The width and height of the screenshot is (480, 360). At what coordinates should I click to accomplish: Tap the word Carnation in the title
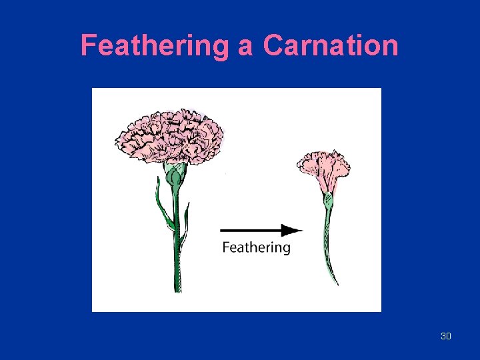pyautogui.click(x=331, y=46)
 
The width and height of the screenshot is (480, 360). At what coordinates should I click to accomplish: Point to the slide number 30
pyautogui.click(x=446, y=336)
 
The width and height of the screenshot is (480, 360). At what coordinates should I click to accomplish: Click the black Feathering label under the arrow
pyautogui.click(x=256, y=248)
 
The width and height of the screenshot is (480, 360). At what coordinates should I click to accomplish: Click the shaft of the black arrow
pyautogui.click(x=251, y=231)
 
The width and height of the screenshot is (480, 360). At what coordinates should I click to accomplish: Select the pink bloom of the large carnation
pyautogui.click(x=169, y=135)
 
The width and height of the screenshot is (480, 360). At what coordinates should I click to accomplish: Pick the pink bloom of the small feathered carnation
pyautogui.click(x=323, y=170)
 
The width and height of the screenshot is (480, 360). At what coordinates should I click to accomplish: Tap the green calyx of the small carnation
pyautogui.click(x=328, y=199)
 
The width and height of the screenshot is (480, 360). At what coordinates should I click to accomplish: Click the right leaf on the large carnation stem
pyautogui.click(x=185, y=220)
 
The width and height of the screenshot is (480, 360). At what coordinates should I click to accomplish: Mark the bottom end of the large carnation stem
pyautogui.click(x=177, y=288)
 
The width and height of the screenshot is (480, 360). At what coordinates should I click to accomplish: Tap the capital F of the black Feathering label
pyautogui.click(x=225, y=247)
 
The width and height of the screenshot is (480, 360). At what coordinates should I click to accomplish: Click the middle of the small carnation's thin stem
pyautogui.click(x=327, y=240)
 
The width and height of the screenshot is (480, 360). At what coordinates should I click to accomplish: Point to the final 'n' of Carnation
pyautogui.click(x=391, y=47)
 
